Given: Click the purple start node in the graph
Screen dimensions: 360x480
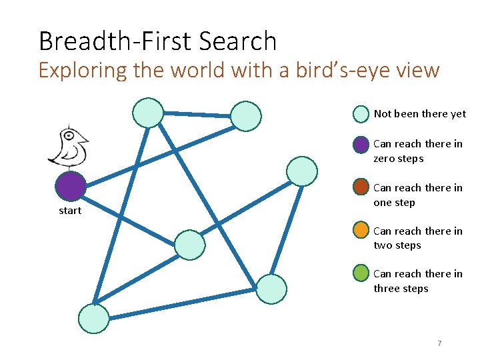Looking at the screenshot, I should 71,187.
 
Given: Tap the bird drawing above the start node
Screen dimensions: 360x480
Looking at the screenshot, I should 69,145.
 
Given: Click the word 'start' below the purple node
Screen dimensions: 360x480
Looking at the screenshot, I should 70,211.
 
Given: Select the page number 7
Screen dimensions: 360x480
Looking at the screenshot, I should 439,343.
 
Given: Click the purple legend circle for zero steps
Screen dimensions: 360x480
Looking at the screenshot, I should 361,144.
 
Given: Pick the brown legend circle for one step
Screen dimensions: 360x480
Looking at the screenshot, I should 361,187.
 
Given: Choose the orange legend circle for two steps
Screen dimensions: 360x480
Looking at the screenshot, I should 361,231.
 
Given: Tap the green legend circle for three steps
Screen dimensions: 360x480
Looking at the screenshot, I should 361,273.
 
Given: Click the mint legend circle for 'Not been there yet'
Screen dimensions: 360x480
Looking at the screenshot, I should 361,114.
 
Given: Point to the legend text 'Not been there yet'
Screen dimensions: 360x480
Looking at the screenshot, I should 420,114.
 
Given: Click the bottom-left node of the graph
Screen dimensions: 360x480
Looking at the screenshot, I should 93,319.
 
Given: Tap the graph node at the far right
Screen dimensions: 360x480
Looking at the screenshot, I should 302,171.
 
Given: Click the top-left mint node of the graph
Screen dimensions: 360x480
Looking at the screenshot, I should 147,113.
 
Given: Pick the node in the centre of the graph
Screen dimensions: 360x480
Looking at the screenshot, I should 190,245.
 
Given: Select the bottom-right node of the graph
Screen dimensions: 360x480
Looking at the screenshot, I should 271,289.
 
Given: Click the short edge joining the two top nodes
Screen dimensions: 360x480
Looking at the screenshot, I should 197,114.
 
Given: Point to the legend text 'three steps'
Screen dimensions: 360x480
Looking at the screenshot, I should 401,289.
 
